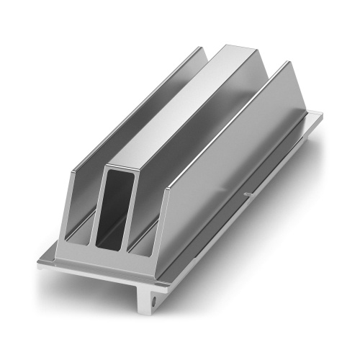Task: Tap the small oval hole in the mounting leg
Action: [x=154, y=295]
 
